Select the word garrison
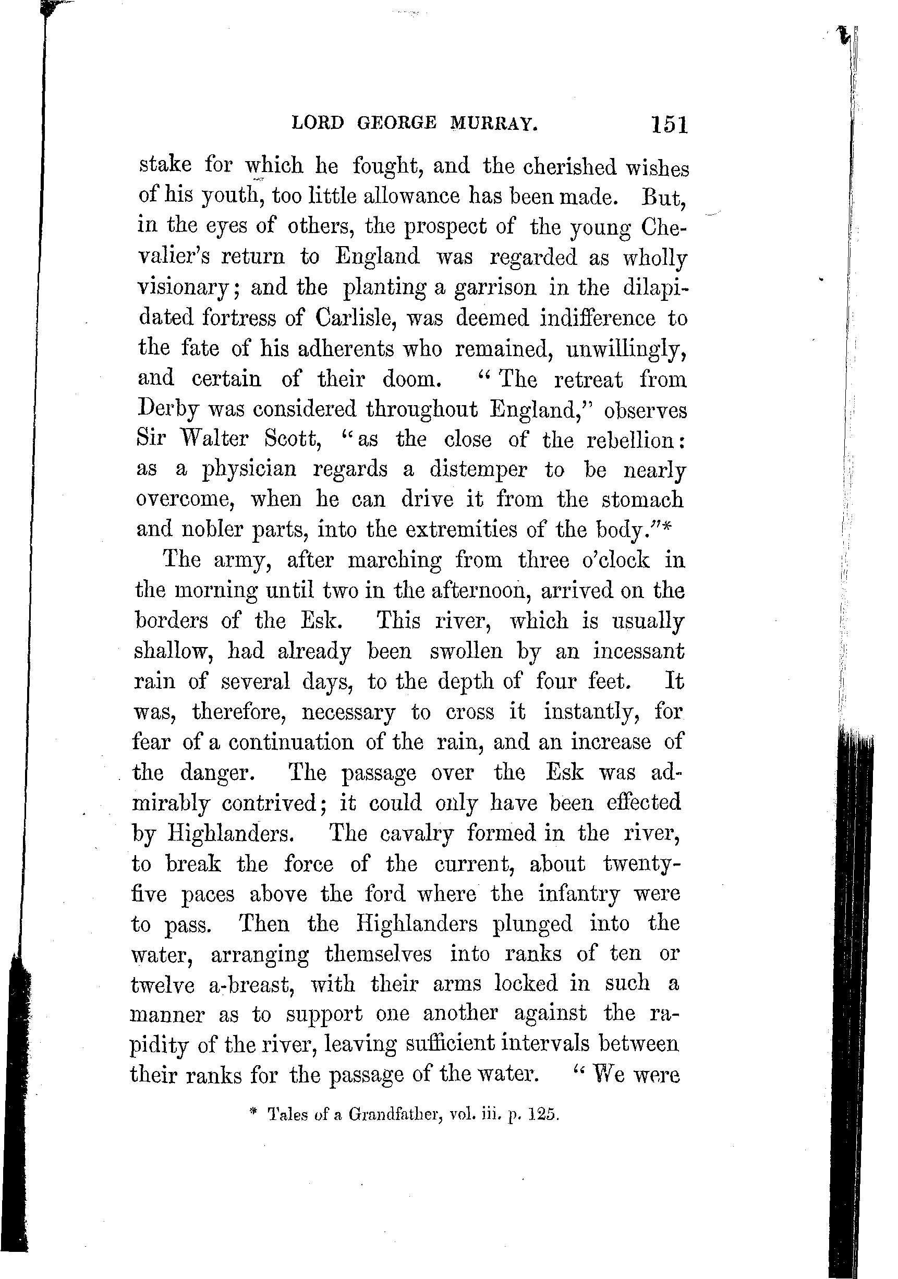click(x=495, y=288)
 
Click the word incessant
click(x=638, y=651)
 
